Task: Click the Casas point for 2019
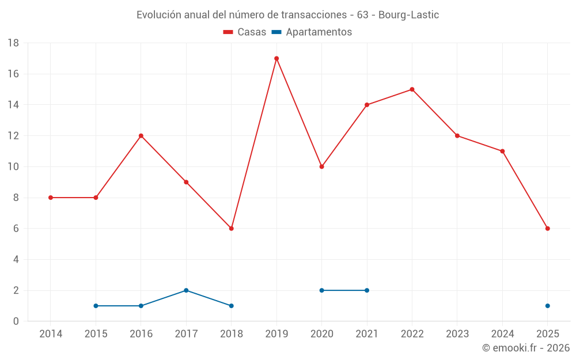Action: (276, 58)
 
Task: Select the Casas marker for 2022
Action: (412, 89)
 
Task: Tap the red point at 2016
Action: (141, 136)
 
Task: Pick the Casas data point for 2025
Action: (547, 229)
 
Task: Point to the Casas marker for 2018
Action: (231, 229)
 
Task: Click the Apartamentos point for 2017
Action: (186, 290)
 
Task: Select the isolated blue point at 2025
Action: (547, 306)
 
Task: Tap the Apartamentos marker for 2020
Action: (321, 290)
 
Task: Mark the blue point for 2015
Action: (96, 306)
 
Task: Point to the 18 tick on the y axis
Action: (13, 43)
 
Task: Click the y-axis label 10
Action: (13, 167)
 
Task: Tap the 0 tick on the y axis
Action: (16, 321)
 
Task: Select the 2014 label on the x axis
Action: (51, 334)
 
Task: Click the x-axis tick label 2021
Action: (367, 334)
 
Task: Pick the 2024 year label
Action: (502, 334)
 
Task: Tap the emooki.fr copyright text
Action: (525, 348)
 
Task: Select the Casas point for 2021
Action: (367, 105)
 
